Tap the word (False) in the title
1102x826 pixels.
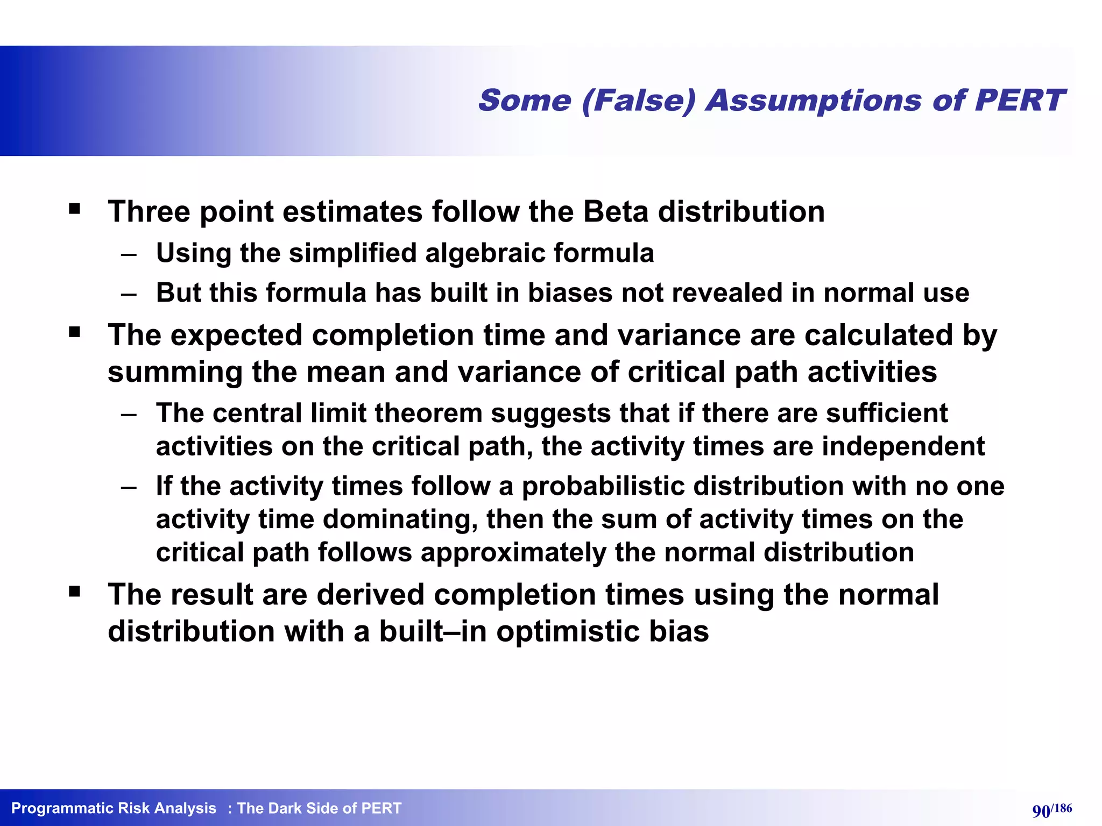[639, 101]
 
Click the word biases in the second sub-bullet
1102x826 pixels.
[570, 293]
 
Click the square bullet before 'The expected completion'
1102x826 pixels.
[74, 332]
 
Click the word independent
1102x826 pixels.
[903, 447]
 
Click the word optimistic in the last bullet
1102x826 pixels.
[568, 631]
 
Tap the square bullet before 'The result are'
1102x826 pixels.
[74, 592]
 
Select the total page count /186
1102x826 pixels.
[1062, 808]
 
